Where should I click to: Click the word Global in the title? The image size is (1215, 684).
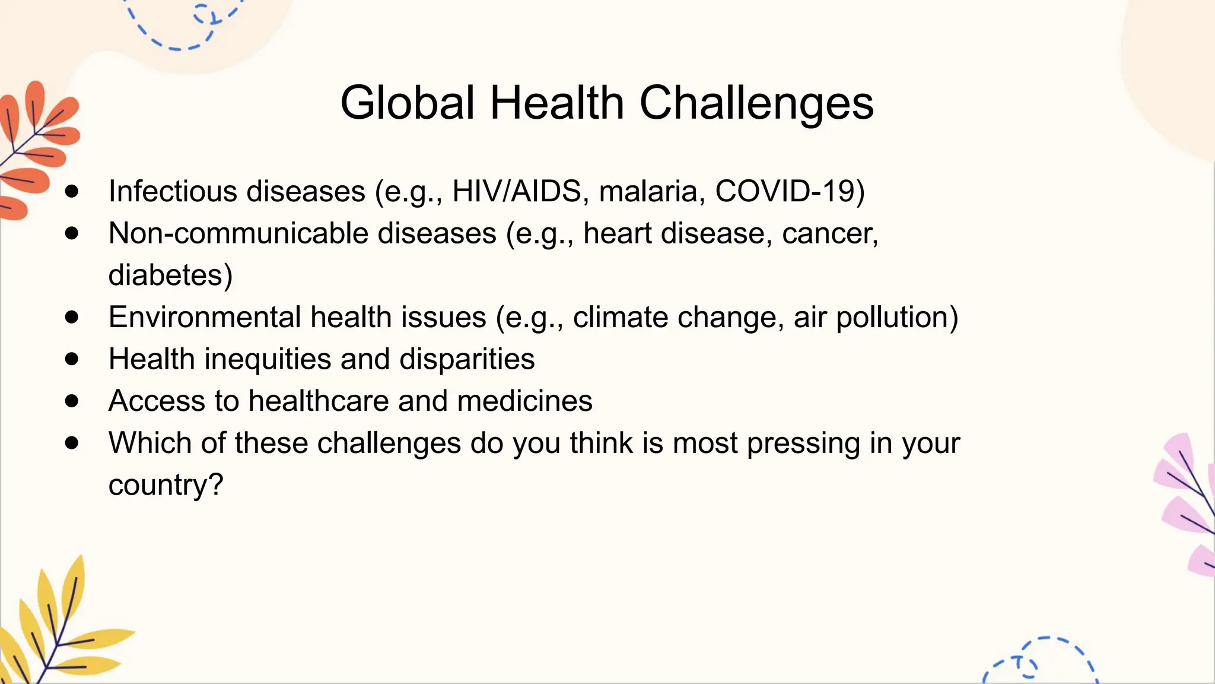click(x=408, y=103)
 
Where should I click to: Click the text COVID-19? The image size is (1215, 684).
click(x=789, y=192)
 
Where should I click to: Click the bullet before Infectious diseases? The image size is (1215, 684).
click(x=72, y=191)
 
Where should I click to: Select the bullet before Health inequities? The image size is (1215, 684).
click(x=72, y=359)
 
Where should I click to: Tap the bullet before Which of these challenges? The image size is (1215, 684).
click(x=72, y=443)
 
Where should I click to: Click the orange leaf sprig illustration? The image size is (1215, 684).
click(x=36, y=148)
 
